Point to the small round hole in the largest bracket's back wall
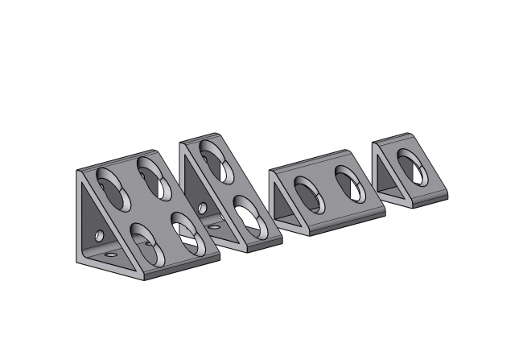[98, 236]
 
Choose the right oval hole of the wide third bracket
[348, 183]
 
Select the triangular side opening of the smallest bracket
[388, 176]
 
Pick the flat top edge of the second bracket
[202, 139]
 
